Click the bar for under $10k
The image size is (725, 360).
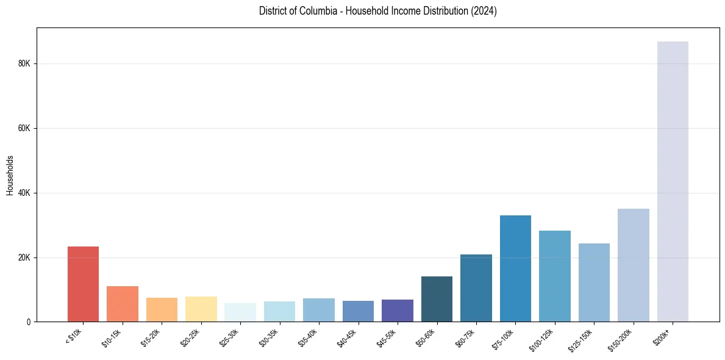[x=83, y=284]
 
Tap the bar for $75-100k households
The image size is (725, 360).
[x=515, y=268]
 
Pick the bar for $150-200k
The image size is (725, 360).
[x=633, y=265]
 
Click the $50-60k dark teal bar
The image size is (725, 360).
[x=437, y=299]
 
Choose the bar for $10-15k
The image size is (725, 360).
[x=123, y=304]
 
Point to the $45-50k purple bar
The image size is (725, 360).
[x=398, y=311]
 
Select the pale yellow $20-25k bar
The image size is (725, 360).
[x=201, y=309]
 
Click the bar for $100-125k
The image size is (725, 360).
[x=555, y=276]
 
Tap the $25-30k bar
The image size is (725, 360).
[x=240, y=312]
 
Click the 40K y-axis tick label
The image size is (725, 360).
[x=24, y=193]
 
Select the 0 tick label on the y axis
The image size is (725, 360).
[x=29, y=322]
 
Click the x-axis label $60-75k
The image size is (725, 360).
[x=465, y=337]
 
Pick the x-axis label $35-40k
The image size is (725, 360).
[x=308, y=337]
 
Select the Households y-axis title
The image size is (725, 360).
[x=10, y=175]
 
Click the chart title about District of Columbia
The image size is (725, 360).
[x=377, y=11]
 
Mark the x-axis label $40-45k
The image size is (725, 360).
[x=347, y=337]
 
